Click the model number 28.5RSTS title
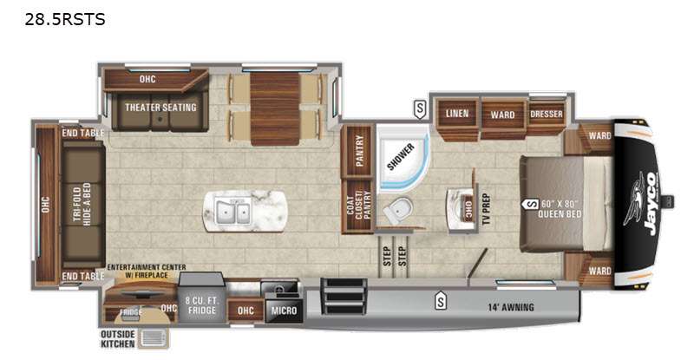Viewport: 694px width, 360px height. tap(66, 20)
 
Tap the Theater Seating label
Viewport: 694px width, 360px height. tap(160, 108)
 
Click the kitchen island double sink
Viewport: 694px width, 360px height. tap(232, 210)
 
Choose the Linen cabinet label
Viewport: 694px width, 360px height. tap(457, 114)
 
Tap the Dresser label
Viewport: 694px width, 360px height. tap(547, 114)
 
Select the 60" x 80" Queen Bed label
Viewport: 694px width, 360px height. tap(560, 209)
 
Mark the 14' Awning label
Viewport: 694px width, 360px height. tap(510, 307)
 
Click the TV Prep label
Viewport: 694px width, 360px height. tap(486, 209)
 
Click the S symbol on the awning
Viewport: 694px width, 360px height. tap(441, 301)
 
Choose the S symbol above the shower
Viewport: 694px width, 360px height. tap(420, 108)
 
